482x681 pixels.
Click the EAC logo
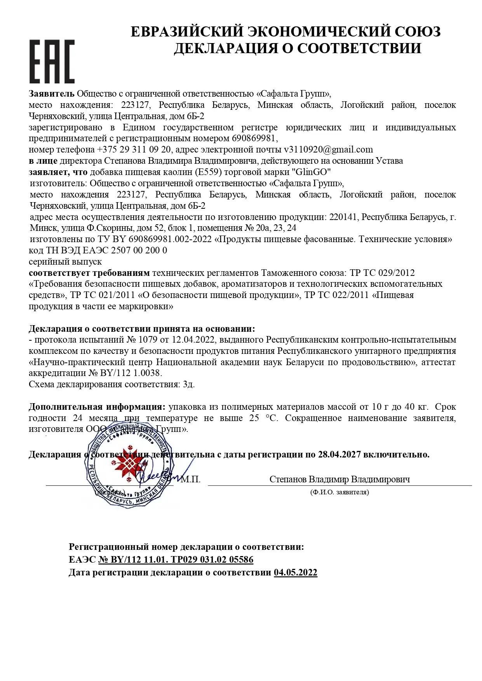[x=52, y=61]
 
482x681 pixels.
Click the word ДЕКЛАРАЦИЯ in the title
[x=227, y=48]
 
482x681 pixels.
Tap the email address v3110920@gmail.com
[x=328, y=150]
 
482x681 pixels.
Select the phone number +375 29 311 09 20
[x=134, y=150]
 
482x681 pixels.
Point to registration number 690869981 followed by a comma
[x=255, y=139]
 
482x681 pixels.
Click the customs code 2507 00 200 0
[x=139, y=250]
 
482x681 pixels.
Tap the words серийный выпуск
[x=65, y=262]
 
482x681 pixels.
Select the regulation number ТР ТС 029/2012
[x=382, y=273]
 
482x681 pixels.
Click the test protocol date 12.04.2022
[x=193, y=340]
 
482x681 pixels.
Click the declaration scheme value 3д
[x=189, y=385]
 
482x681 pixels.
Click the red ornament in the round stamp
[x=129, y=465]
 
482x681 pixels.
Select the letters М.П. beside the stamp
[x=191, y=480]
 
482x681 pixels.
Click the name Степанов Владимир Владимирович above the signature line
[x=339, y=480]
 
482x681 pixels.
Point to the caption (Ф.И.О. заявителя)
[x=339, y=492]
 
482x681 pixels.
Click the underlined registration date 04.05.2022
[x=295, y=572]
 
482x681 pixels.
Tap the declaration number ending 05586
[x=176, y=560]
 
